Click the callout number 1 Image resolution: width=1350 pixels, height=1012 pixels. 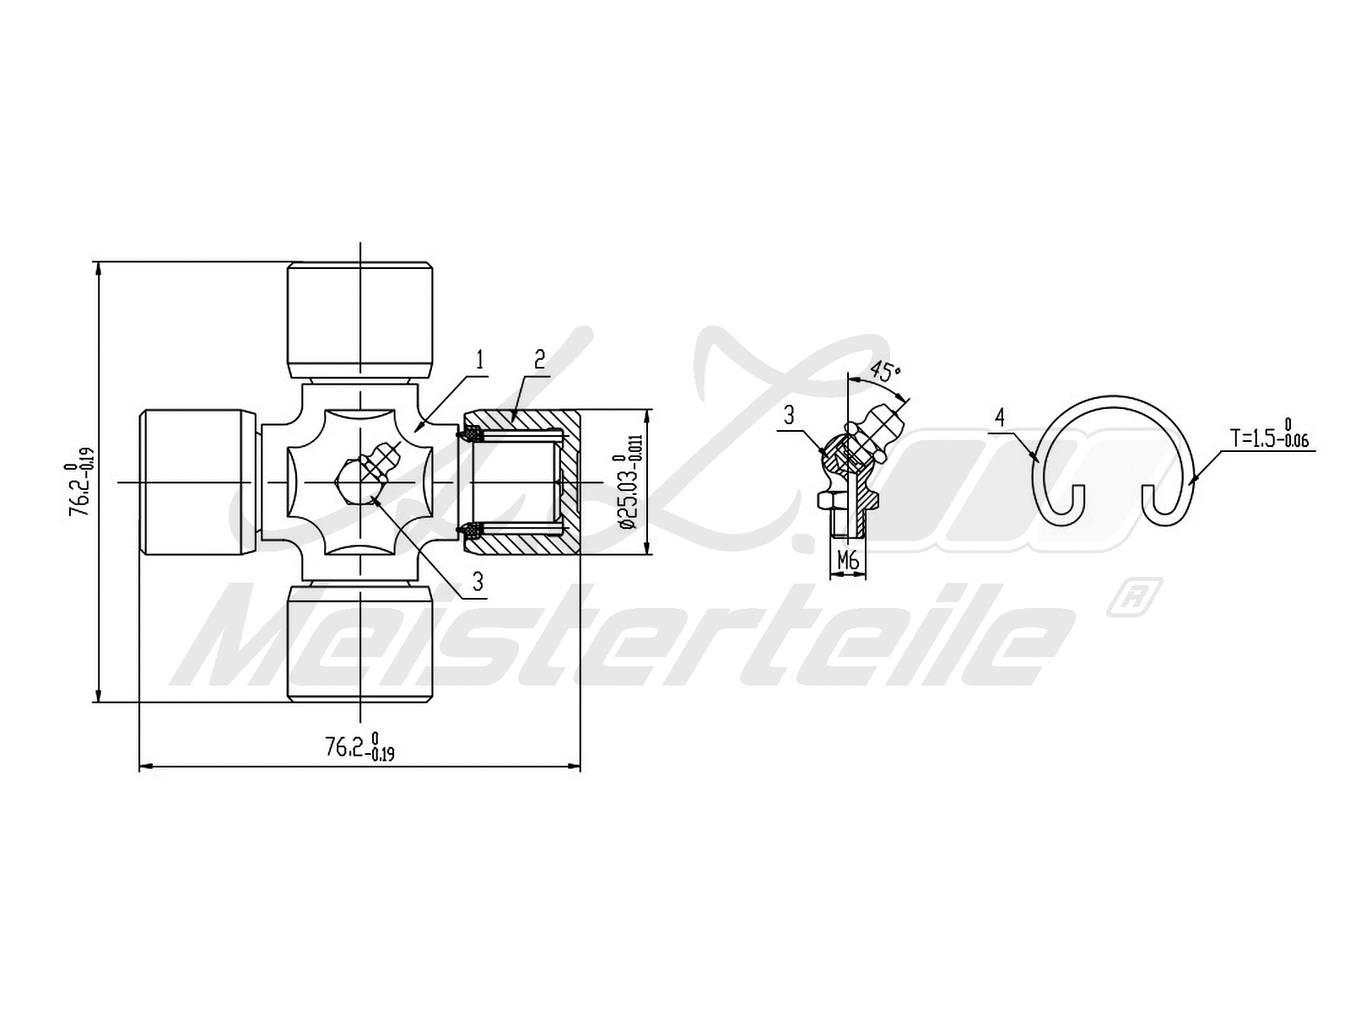[x=480, y=361]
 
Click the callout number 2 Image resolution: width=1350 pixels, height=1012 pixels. [x=540, y=361]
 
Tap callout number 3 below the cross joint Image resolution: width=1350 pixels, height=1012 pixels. [x=478, y=580]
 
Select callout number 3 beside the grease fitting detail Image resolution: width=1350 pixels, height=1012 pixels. [x=789, y=414]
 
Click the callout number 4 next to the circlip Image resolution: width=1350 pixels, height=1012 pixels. [x=999, y=417]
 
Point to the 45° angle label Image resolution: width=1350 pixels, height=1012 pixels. [x=885, y=372]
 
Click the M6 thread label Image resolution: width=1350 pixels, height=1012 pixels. [x=848, y=559]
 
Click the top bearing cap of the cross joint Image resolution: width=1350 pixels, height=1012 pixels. [x=360, y=320]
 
